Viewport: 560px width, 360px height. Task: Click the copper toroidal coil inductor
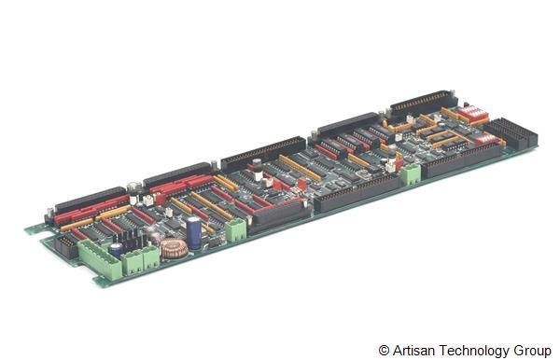pyautogui.click(x=174, y=248)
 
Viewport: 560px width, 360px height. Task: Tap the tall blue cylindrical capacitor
pyautogui.click(x=194, y=232)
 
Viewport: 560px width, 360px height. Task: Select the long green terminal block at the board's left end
pyautogui.click(x=100, y=259)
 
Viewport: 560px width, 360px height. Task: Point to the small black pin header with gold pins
pyautogui.click(x=65, y=246)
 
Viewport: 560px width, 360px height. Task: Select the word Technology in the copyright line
pyautogui.click(x=475, y=351)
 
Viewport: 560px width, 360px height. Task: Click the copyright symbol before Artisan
pyautogui.click(x=384, y=351)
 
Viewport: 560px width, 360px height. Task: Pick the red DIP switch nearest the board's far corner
pyautogui.click(x=472, y=113)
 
